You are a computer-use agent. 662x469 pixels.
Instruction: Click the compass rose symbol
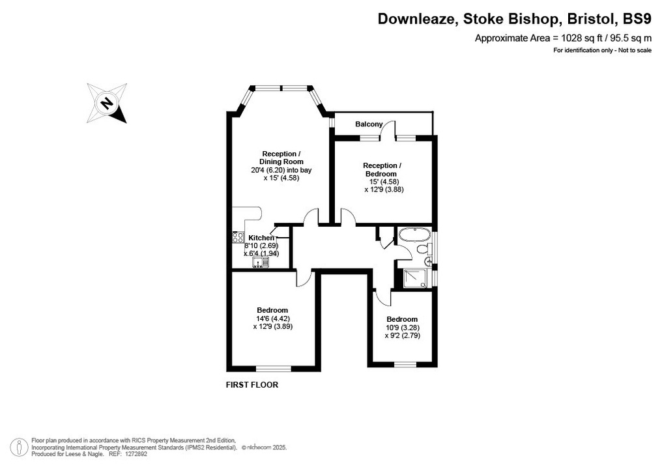pyautogui.click(x=106, y=103)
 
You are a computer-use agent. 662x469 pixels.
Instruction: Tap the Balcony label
pyautogui.click(x=369, y=124)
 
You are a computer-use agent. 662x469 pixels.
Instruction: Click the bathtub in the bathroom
pyautogui.click(x=412, y=234)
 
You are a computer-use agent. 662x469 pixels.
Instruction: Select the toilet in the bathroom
pyautogui.click(x=422, y=250)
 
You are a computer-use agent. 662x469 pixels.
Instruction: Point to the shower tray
pyautogui.click(x=414, y=278)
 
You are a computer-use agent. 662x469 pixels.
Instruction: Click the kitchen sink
pyautogui.click(x=261, y=262)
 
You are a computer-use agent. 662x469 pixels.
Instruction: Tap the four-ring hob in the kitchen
pyautogui.click(x=238, y=238)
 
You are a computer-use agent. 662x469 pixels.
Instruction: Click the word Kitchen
pyautogui.click(x=261, y=238)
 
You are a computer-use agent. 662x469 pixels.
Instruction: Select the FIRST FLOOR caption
pyautogui.click(x=252, y=385)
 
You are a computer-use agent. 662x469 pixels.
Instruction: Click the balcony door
pyautogui.click(x=388, y=131)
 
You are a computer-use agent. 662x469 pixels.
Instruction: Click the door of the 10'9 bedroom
pyautogui.click(x=382, y=297)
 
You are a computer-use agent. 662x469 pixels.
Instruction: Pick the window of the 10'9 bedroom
pyautogui.click(x=404, y=363)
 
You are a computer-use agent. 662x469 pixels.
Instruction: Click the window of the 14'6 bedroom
pyautogui.click(x=273, y=369)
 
